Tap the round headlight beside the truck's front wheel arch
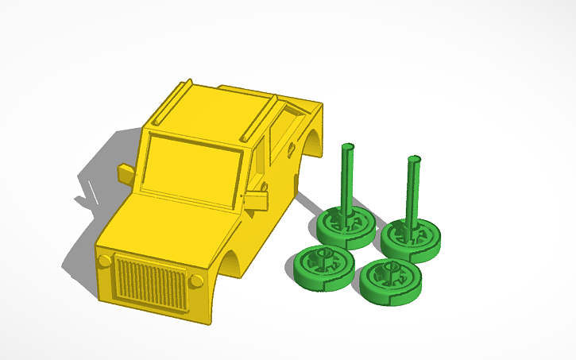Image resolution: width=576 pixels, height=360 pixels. tap(196, 280)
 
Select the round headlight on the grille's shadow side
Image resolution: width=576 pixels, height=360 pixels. tap(104, 261)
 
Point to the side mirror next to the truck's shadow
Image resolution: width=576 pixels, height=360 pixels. tap(126, 173)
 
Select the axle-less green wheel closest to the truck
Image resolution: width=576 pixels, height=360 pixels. tap(322, 266)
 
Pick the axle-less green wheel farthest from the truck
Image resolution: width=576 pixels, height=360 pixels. tap(390, 281)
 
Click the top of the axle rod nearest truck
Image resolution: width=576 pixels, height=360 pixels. tap(347, 148)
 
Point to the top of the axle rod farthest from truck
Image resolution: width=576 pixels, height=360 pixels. tap(413, 160)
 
